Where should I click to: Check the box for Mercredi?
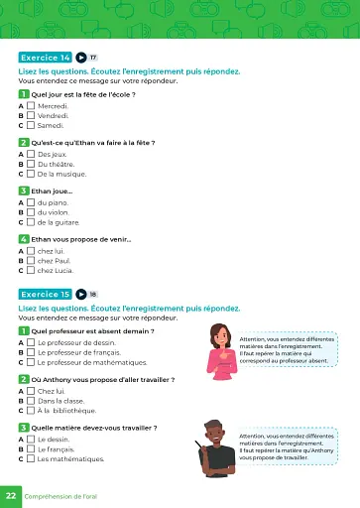click(x=31, y=104)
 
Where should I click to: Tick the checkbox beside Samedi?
click(x=31, y=126)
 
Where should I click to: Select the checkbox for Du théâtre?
click(x=31, y=164)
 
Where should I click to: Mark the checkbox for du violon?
click(x=31, y=212)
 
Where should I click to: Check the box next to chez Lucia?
click(x=31, y=271)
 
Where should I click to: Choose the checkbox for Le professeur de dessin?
click(x=31, y=342)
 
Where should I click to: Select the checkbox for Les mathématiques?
click(x=31, y=459)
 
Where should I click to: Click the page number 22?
click(x=11, y=494)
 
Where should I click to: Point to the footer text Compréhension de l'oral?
click(x=67, y=494)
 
